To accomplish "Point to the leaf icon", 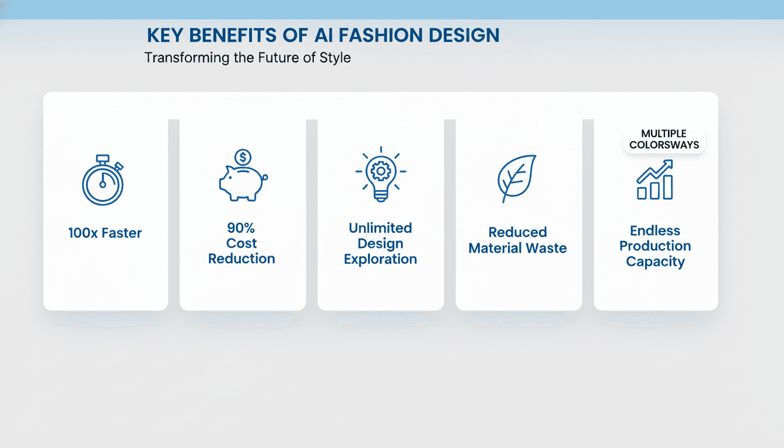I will point(516,178).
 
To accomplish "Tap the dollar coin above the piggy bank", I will point(243,157).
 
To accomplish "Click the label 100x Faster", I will point(105,233).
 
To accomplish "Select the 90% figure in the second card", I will point(242,228).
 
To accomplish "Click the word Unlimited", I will point(380,228).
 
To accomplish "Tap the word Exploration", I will point(380,260).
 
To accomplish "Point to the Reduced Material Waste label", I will point(518,240).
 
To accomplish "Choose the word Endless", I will point(655,230).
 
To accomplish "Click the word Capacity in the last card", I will point(655,262).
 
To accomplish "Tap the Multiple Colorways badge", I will point(664,139).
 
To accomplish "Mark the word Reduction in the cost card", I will point(242,258).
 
